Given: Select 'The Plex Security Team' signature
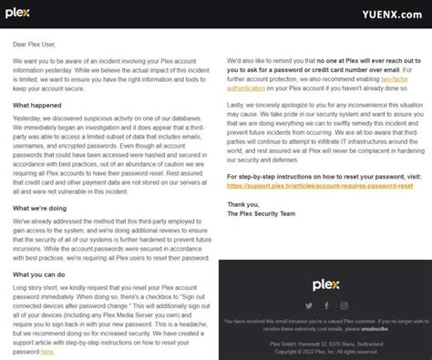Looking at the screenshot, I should click(x=263, y=214).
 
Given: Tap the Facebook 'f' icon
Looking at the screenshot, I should click(x=324, y=305).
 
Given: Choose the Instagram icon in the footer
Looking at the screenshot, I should click(x=343, y=305).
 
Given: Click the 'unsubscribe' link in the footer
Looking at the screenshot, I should click(x=351, y=324).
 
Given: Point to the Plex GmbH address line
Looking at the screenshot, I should click(x=324, y=340).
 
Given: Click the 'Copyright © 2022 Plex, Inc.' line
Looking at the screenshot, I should click(x=324, y=348).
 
